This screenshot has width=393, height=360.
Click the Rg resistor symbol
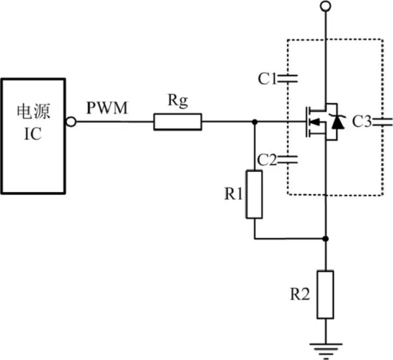coord(178,121)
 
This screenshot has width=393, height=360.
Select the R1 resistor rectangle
coord(254,194)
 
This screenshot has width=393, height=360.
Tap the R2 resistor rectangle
coord(326,294)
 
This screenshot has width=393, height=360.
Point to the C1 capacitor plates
coord(288,79)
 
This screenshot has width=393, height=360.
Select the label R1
coord(232,194)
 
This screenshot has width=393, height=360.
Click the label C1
coord(267,79)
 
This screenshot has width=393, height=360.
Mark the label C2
coord(267,159)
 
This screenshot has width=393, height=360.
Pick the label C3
coord(362,121)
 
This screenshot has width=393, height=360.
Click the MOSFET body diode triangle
coord(338,121)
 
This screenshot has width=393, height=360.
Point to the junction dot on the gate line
coord(254,121)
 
